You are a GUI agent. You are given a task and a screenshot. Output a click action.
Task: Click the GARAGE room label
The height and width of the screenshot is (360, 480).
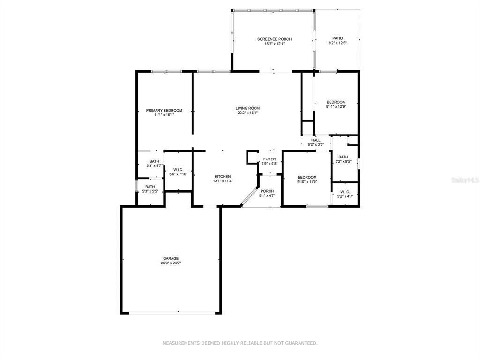tap(171, 258)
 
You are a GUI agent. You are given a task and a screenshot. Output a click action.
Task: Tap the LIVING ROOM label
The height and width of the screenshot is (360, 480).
tap(247, 108)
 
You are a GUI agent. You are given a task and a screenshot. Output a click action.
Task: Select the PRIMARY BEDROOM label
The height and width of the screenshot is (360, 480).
tap(164, 111)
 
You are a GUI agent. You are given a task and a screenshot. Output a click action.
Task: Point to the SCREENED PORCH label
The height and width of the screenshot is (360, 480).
tap(275, 39)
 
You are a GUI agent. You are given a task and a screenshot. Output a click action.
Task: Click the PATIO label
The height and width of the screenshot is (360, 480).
tap(337, 38)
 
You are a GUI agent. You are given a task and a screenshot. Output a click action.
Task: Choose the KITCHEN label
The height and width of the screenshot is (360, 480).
tap(223, 177)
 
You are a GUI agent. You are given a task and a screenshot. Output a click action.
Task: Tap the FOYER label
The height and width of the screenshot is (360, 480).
tap(270, 159)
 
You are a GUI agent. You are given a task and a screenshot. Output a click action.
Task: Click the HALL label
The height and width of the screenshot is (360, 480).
tap(316, 140)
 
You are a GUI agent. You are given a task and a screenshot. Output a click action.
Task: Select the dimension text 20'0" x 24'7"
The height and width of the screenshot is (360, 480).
tap(171, 263)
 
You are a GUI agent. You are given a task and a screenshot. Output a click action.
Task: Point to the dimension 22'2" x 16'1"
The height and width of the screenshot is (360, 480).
tap(247, 112)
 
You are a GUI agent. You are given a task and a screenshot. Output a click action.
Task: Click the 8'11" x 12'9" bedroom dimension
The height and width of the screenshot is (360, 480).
tap(336, 107)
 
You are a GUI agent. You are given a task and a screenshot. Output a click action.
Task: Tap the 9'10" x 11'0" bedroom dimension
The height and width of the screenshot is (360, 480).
tap(307, 182)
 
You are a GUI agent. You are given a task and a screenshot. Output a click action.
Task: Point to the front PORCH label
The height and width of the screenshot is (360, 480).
tap(267, 191)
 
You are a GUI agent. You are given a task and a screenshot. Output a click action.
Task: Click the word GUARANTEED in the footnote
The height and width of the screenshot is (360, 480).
tap(301, 343)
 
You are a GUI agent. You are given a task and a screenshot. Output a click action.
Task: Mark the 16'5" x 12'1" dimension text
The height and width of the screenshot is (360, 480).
tap(275, 44)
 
